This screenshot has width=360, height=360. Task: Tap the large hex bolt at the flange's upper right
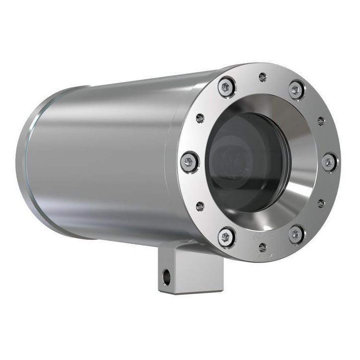tap(296, 90)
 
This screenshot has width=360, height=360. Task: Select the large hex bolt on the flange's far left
tap(189, 162)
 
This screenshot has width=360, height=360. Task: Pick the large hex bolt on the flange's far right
tap(330, 162)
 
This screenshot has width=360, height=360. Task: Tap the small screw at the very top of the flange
tap(263, 77)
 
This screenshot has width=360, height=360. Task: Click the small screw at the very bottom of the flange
tap(263, 247)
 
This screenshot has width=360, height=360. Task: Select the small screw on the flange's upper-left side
tap(200, 118)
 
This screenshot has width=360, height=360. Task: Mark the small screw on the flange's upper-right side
tap(321, 121)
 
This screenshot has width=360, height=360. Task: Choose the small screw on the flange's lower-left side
tap(200, 206)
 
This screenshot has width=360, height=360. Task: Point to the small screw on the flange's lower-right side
tap(321, 203)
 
